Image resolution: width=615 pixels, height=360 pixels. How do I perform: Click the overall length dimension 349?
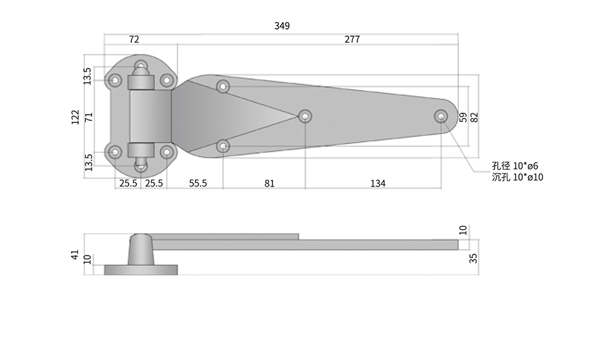(x=282, y=26)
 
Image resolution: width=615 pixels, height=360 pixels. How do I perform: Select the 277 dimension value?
(x=352, y=39)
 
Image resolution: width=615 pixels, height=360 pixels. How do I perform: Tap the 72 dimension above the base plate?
(x=134, y=39)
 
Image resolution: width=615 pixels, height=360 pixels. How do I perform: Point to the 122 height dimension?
(x=76, y=117)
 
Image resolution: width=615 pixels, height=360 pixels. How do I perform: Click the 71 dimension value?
(x=90, y=117)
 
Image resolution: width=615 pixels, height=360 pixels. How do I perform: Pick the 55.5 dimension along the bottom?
(x=198, y=183)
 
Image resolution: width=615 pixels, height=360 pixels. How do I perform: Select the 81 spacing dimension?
(x=270, y=183)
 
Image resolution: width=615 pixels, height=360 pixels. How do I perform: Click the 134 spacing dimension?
(x=378, y=183)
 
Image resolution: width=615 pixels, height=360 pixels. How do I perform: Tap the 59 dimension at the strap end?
(x=463, y=117)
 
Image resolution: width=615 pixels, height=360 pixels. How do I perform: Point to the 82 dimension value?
(x=474, y=117)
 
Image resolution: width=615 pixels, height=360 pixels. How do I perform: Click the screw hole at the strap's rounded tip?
(x=441, y=117)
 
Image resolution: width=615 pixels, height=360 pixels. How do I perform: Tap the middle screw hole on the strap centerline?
(x=305, y=117)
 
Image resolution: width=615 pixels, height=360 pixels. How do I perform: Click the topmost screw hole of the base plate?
(x=141, y=65)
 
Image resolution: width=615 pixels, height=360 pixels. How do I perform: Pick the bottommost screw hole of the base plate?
(x=141, y=167)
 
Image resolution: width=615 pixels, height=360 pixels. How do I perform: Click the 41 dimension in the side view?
(x=76, y=254)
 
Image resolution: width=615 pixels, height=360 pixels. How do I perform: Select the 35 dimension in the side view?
(x=473, y=258)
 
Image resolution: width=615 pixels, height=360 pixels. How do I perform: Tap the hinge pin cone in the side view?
(x=141, y=249)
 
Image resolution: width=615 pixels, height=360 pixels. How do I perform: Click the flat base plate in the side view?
(x=141, y=270)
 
